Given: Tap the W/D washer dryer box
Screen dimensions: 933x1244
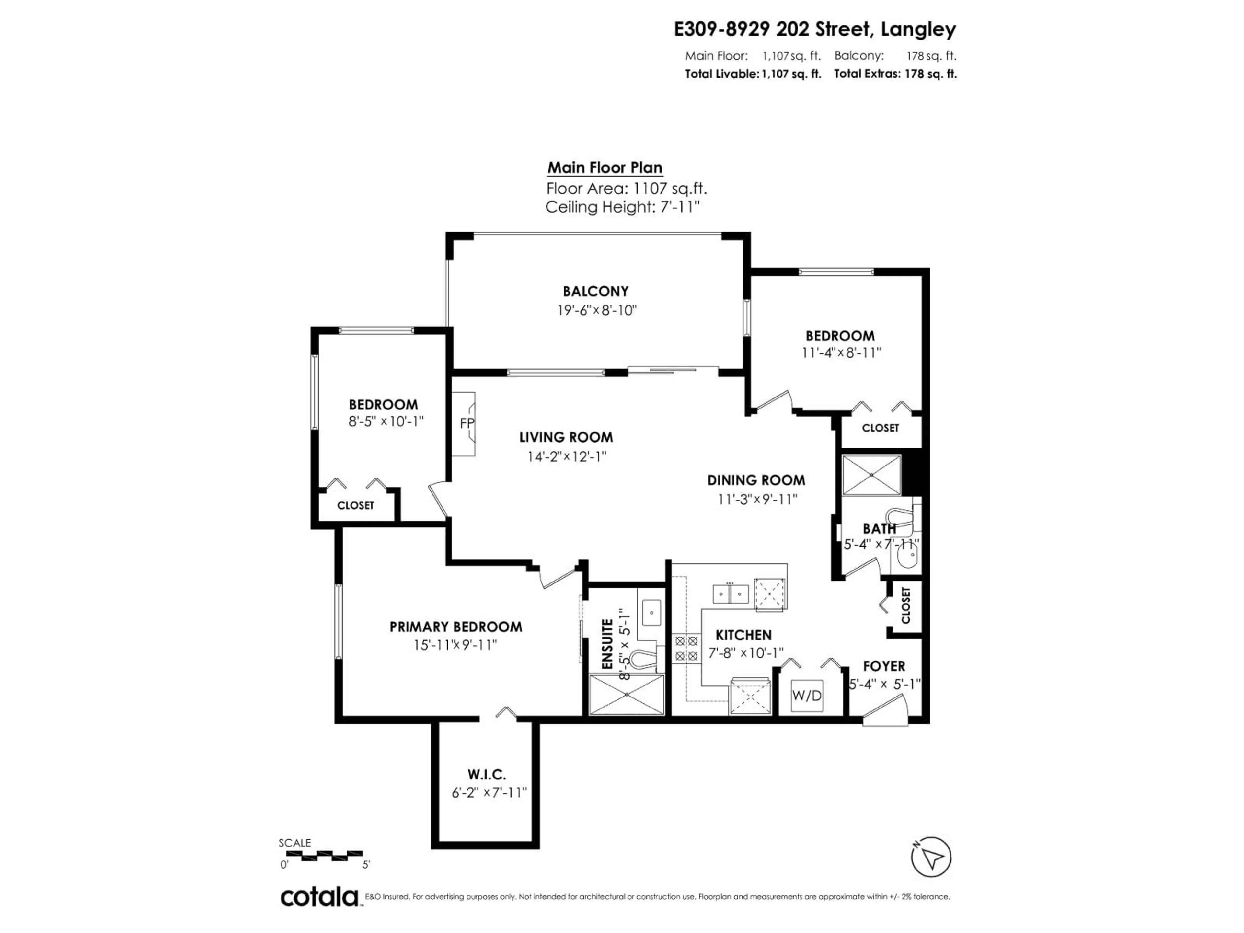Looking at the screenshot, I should click(x=806, y=695).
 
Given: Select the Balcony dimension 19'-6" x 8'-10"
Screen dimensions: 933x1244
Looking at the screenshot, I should click(x=596, y=310).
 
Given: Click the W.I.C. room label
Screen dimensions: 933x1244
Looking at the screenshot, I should click(x=487, y=774).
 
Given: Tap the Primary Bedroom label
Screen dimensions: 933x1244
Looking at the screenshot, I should click(x=455, y=627).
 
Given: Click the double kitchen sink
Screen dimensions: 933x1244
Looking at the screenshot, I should click(x=730, y=593).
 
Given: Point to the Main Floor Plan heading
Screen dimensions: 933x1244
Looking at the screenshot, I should click(x=605, y=167).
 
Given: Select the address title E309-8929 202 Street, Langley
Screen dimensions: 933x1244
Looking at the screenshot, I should click(x=814, y=29).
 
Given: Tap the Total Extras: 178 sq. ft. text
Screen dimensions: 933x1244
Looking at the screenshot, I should click(x=895, y=74).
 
